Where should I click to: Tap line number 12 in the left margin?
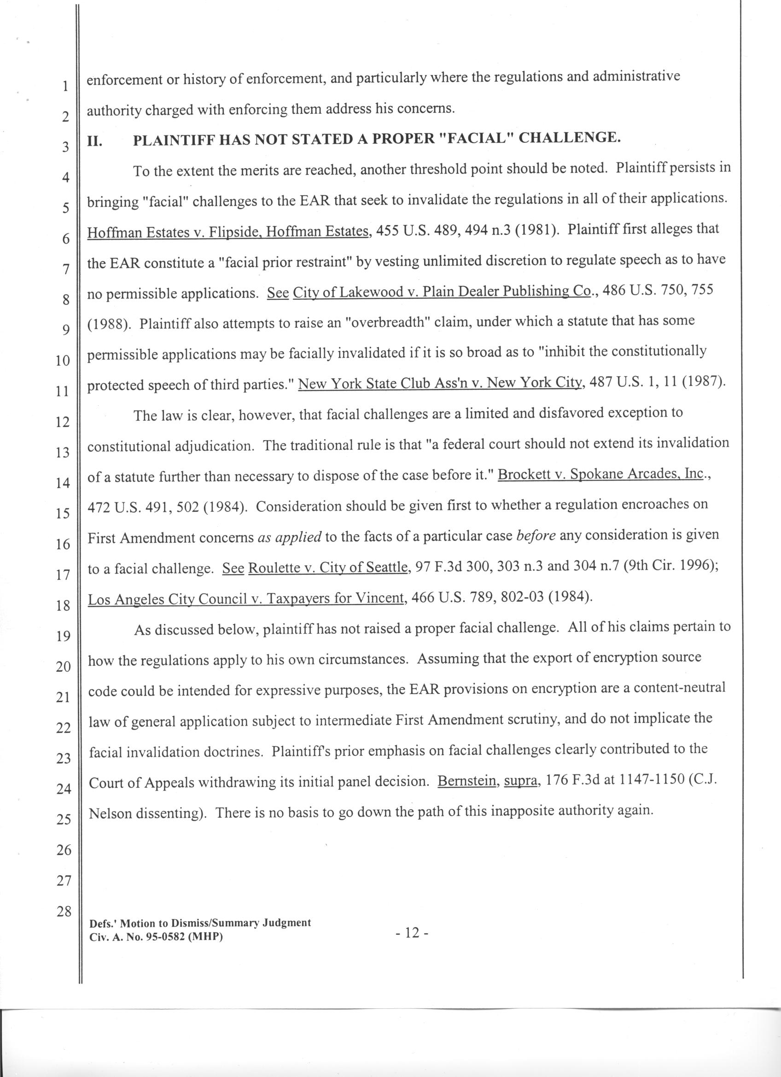point(63,422)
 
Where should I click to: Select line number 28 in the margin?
point(64,911)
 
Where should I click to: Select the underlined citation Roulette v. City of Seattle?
point(328,567)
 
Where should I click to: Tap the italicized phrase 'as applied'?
point(290,537)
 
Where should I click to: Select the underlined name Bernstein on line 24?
point(468,782)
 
